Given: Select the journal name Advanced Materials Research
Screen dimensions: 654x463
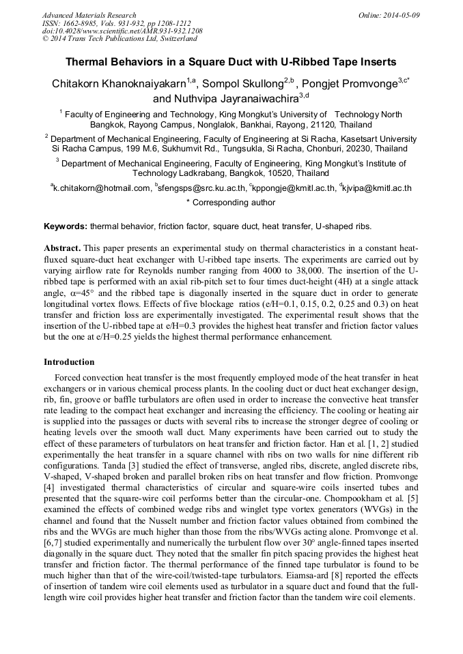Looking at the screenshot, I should click(x=89, y=15).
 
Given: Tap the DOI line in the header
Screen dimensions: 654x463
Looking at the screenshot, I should click(x=122, y=31).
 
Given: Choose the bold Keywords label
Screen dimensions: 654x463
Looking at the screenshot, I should click(x=66, y=226).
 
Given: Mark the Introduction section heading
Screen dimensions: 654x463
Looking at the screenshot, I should click(x=69, y=362).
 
